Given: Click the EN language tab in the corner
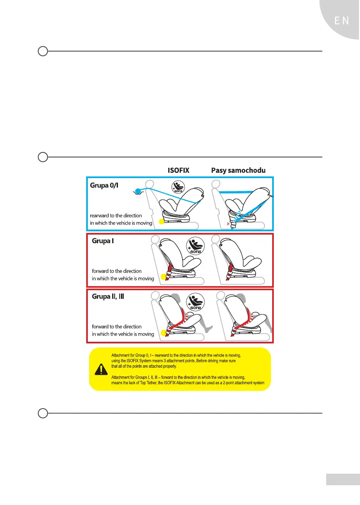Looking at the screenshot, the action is [341, 21].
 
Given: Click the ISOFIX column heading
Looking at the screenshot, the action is [178, 170].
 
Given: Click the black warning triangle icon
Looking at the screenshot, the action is [100, 369].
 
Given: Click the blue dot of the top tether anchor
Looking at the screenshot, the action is [138, 190].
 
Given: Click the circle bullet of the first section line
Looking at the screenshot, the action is [42, 52].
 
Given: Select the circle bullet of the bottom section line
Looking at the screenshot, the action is [42, 413].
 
